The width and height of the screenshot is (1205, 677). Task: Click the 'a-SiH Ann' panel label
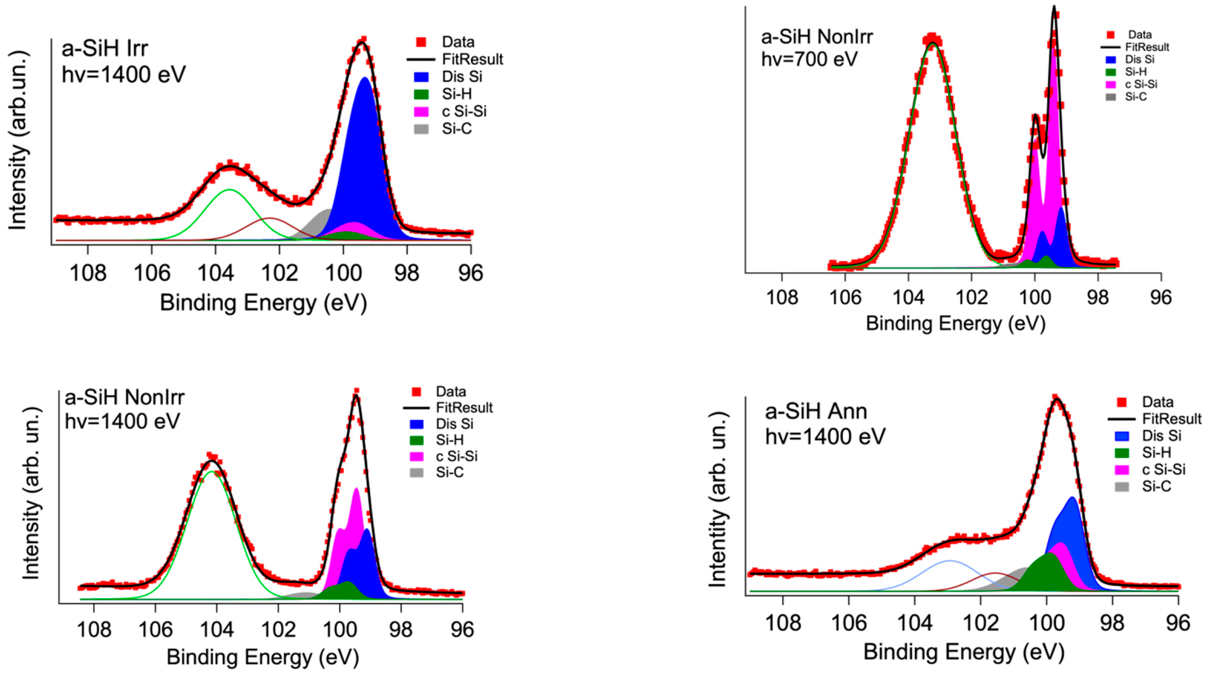[816, 412]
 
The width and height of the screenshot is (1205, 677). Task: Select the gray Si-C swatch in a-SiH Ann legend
[1121, 487]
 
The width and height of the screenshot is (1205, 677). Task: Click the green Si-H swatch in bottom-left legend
[416, 440]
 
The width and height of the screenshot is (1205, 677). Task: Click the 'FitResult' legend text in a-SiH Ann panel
[1171, 418]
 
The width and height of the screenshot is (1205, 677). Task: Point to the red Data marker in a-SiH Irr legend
[421, 42]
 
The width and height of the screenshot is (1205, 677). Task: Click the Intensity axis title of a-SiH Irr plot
[18, 140]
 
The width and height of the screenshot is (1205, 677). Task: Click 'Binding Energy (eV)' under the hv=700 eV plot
[955, 323]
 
